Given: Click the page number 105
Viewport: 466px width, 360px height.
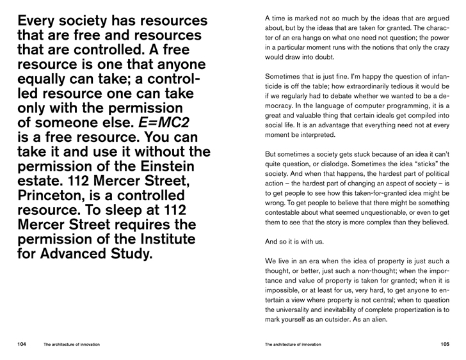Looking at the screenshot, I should click(x=445, y=344).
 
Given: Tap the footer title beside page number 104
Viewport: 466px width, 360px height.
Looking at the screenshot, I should click(x=71, y=344).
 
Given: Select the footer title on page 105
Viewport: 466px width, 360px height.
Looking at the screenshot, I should click(x=293, y=344).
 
